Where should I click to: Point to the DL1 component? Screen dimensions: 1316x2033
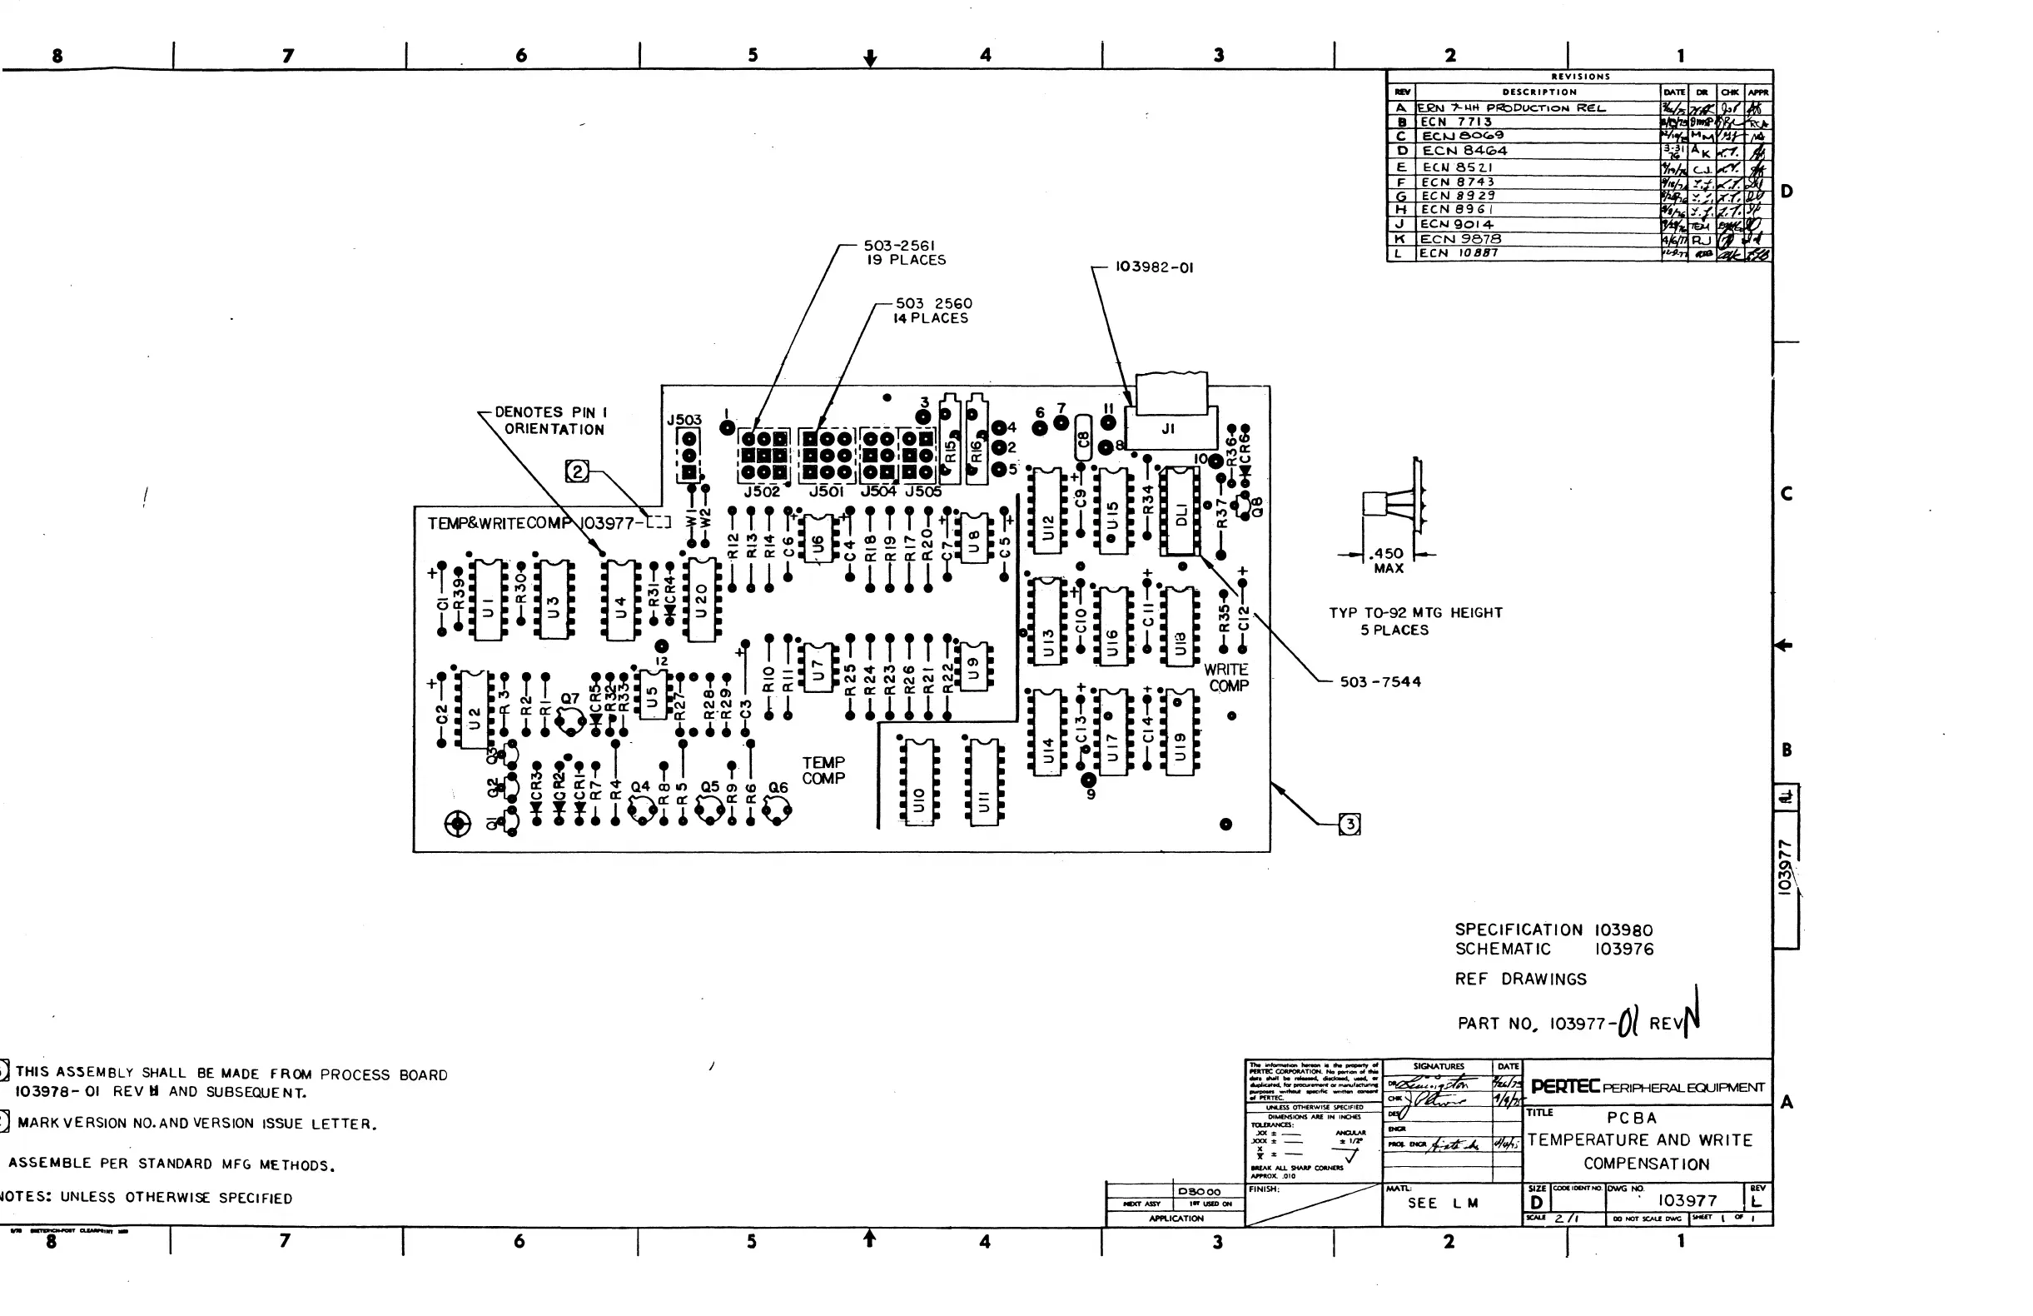1181,511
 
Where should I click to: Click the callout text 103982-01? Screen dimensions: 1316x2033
1154,267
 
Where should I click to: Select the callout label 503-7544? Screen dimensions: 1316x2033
1379,682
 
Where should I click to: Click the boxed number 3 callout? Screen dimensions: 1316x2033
1350,825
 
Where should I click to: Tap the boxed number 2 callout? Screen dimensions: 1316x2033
578,471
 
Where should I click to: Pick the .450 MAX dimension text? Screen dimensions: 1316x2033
1388,561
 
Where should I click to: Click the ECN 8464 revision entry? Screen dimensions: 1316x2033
1465,152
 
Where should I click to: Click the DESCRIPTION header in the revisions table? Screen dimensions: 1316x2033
1539,92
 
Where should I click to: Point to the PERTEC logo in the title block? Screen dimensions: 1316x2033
1565,1087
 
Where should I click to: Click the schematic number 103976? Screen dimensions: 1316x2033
1624,950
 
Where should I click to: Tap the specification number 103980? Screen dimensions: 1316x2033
1624,930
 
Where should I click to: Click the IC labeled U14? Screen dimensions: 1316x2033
1047,732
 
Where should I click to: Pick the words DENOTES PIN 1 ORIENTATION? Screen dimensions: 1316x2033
552,421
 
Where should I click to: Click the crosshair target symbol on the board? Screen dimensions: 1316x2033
458,824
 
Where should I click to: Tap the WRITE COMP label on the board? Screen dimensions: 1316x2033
1227,678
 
